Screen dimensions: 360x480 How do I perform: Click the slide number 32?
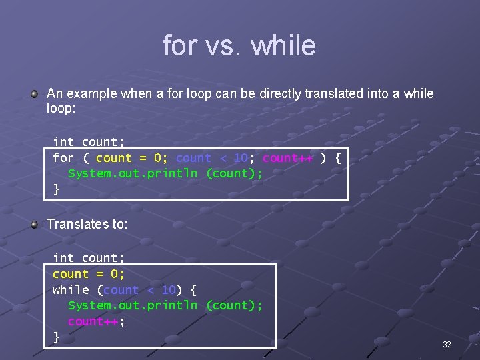tap(447, 345)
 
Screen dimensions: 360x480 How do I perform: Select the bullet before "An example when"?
tap(34, 95)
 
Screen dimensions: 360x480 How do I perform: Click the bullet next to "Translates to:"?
tap(34, 225)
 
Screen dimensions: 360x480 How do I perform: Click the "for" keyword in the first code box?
tap(63, 158)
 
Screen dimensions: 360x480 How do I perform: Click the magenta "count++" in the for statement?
tap(287, 158)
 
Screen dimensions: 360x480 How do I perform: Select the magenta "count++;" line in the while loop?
tap(97, 321)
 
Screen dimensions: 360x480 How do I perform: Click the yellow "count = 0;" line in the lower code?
tap(89, 274)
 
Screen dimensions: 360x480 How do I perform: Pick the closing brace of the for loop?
tap(56, 189)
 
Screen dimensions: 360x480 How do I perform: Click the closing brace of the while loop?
tap(56, 337)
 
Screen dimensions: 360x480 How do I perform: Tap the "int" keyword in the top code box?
tap(63, 142)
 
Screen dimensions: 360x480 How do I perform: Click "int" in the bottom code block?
tap(63, 258)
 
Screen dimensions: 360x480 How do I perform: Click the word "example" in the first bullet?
tap(91, 94)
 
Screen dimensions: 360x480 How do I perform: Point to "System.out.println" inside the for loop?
tap(133, 173)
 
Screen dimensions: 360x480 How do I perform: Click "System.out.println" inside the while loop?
tap(133, 305)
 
